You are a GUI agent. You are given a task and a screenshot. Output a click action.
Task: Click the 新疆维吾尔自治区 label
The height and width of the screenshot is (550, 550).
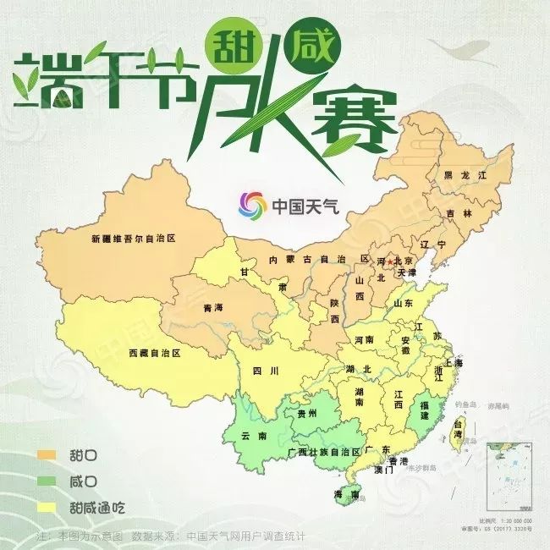click(x=133, y=239)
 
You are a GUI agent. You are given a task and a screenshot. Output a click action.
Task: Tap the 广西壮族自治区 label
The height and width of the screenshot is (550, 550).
click(x=324, y=452)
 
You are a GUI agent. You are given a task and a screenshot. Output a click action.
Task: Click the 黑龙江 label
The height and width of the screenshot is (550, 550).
click(x=466, y=174)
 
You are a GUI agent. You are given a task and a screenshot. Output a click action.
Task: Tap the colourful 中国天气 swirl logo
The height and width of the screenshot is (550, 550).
click(x=251, y=206)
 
